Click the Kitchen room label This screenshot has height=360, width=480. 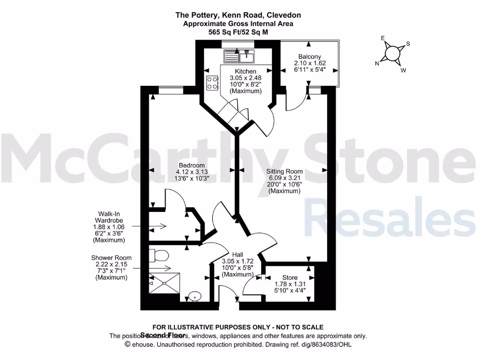(246, 71)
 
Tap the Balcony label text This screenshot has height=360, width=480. (309, 57)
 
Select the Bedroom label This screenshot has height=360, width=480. (191, 165)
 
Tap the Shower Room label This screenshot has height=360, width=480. (112, 258)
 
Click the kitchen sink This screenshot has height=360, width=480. (247, 57)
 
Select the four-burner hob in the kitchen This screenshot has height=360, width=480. (212, 83)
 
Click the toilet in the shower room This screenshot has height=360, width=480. (159, 256)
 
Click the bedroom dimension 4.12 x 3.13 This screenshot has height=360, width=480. (191, 172)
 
